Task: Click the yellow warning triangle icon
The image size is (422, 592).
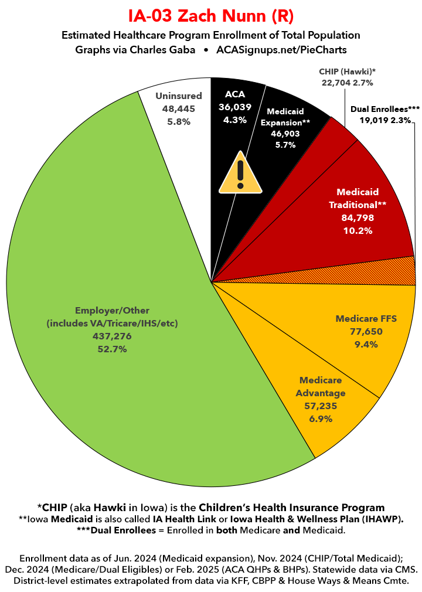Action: pos(240,172)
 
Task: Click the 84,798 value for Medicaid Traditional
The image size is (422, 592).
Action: pos(358,218)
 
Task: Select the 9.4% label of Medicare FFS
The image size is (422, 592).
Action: pos(366,345)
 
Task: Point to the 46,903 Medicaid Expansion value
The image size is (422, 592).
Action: pos(285,134)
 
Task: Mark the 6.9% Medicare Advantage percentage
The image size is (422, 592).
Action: pos(321,419)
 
